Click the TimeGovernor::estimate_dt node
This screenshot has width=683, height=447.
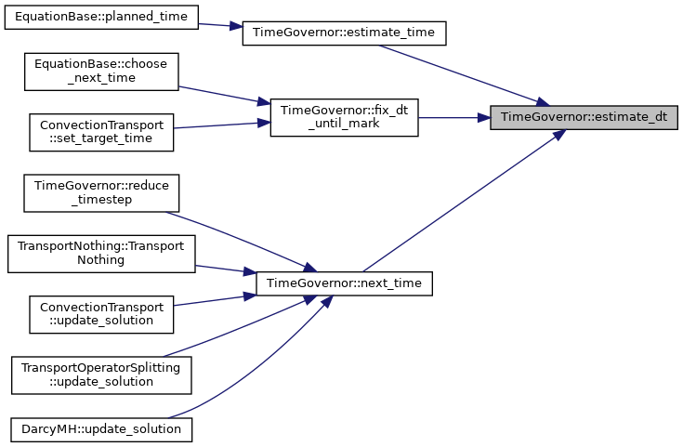(x=584, y=117)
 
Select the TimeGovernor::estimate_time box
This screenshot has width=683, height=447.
(x=344, y=33)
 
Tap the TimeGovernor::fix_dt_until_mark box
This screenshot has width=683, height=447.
(x=344, y=117)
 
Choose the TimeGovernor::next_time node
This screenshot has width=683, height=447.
(x=344, y=283)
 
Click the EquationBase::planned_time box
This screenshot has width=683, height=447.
(x=101, y=18)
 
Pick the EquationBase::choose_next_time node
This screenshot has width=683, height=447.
(x=101, y=72)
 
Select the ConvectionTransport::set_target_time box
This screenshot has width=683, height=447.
(x=101, y=133)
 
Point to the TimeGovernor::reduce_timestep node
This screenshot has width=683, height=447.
(x=101, y=193)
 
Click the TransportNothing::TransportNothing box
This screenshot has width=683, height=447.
(x=101, y=254)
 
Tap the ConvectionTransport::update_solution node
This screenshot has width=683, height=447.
(x=101, y=314)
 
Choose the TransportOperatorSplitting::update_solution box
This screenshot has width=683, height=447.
(x=101, y=375)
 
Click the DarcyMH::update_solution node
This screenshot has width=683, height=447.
(x=101, y=429)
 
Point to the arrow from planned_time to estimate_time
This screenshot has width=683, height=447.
(x=220, y=25)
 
